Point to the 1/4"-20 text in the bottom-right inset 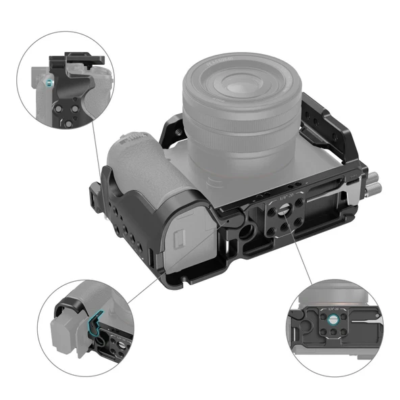333,307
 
